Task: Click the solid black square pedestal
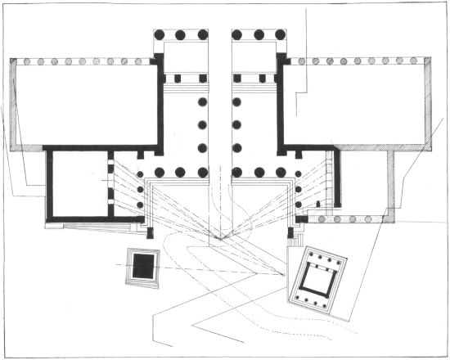pyautogui.click(x=145, y=266)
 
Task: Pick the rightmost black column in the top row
pyautogui.click(x=280, y=35)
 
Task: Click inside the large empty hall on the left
pyautogui.click(x=82, y=105)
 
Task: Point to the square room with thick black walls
pyautogui.click(x=79, y=185)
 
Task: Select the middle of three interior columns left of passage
pyautogui.click(x=202, y=125)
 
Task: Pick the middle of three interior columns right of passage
pyautogui.click(x=237, y=125)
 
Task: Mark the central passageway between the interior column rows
pyautogui.click(x=219, y=123)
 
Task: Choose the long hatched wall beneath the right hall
pyautogui.click(x=360, y=147)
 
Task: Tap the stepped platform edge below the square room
pyautogui.click(x=90, y=225)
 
